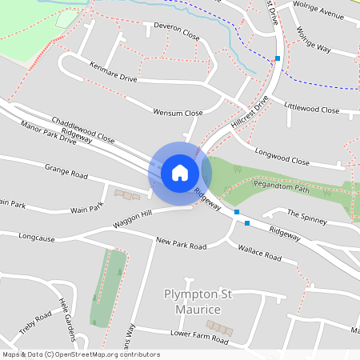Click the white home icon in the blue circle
coord(180,172)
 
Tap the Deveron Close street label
coord(176,30)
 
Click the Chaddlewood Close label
coord(83,128)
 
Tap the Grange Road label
coord(66,173)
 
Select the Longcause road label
coord(37,237)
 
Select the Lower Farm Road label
coord(199,337)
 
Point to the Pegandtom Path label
coord(281,190)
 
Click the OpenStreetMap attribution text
coord(82,354)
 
